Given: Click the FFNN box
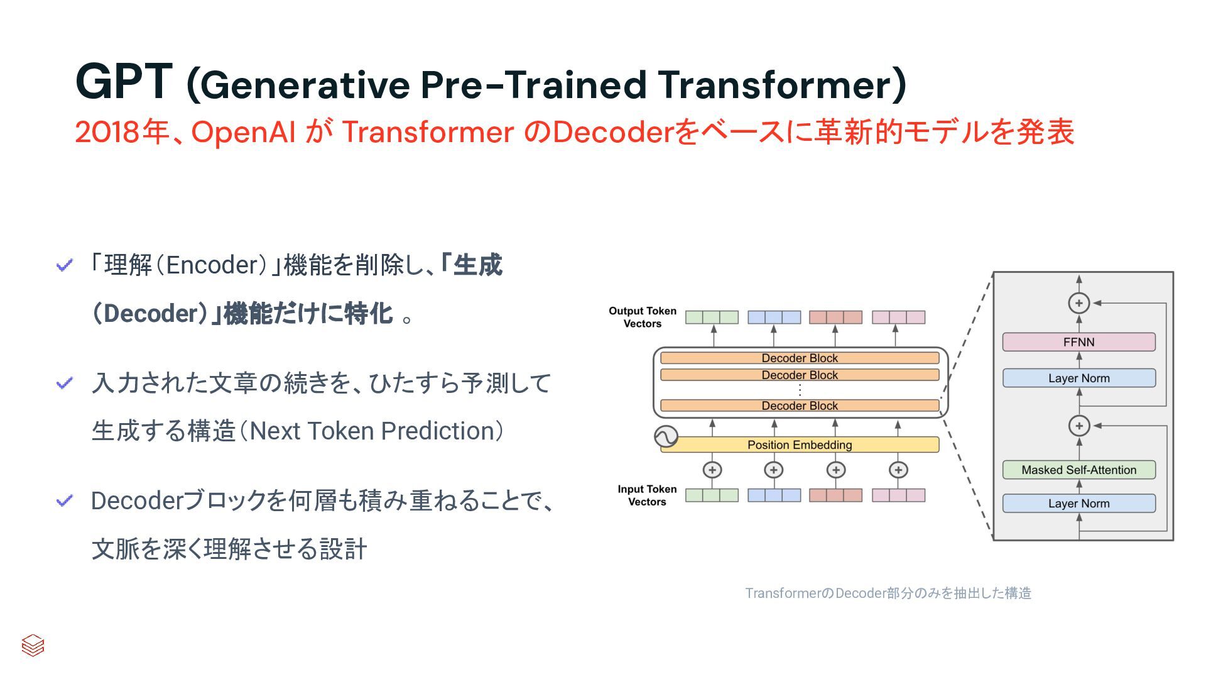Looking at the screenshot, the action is tap(1078, 342).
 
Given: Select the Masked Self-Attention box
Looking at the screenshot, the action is tap(1078, 470).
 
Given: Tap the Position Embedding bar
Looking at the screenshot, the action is tap(800, 444).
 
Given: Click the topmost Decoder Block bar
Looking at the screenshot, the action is tap(800, 358).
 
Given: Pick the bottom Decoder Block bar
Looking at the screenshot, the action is tap(800, 406).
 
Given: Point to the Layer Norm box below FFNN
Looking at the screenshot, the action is tap(1078, 378).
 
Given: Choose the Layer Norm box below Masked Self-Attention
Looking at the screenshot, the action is tap(1078, 503).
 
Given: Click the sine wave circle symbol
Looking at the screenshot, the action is tap(666, 436).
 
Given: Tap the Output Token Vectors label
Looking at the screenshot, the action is tap(643, 317).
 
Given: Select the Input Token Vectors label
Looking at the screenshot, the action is tap(647, 495).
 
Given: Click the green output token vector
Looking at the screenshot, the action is tap(712, 317).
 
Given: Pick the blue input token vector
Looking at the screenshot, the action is tap(774, 495).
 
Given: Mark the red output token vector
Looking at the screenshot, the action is tap(835, 317).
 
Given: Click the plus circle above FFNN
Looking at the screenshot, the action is tap(1078, 303).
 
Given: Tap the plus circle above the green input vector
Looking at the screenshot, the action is tap(712, 470).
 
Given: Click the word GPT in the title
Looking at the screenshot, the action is tap(123, 82).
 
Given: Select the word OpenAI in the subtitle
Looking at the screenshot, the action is tap(243, 132).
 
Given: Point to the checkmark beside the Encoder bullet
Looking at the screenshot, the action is tap(65, 265).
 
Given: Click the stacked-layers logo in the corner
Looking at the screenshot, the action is tap(33, 645).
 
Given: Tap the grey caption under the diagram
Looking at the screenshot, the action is tap(888, 593).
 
